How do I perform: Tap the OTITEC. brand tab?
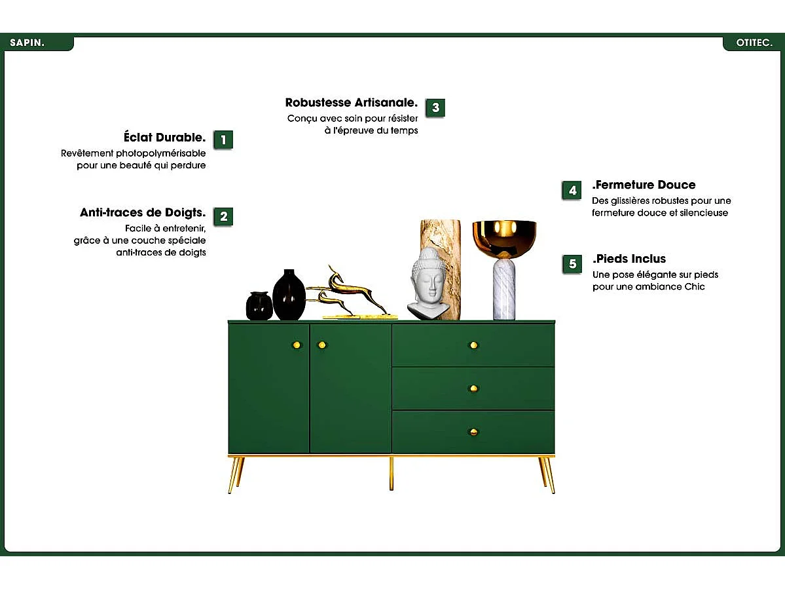[754, 43]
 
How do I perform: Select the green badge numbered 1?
[223, 140]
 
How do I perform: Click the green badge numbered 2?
[223, 216]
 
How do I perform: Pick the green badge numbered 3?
[435, 108]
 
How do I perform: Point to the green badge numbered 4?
[572, 191]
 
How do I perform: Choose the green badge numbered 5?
[572, 264]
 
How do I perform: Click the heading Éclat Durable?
[164, 138]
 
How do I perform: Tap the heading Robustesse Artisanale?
[351, 103]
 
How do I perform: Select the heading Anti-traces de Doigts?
[143, 213]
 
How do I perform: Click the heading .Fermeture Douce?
[644, 185]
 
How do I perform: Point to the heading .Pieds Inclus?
[629, 259]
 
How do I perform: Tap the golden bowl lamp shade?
[504, 237]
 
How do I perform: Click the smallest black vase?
[259, 306]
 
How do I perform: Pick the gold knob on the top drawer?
[473, 345]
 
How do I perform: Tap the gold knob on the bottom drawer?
[473, 432]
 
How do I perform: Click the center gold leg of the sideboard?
[392, 473]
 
